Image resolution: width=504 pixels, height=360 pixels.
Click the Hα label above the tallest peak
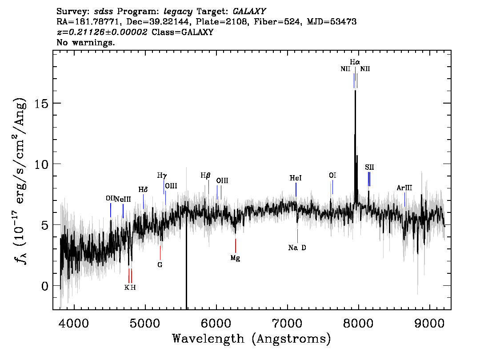pos(355,62)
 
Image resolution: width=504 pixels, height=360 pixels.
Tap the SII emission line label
pos(369,167)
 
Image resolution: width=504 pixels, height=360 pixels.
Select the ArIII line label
pos(404,188)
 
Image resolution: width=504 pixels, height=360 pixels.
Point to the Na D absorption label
pos(297,248)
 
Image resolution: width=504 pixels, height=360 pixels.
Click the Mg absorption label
pos(235,258)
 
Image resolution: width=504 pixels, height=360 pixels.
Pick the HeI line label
pos(296,178)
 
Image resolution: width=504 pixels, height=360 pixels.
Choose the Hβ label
pos(205,176)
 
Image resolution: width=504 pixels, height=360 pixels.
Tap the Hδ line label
pos(143,190)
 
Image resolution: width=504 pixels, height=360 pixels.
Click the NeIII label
pos(123,199)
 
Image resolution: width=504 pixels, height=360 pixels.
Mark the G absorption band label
pos(160,265)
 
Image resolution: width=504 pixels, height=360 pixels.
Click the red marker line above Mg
pos(236,246)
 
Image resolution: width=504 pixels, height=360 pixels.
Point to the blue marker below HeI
pos(296,190)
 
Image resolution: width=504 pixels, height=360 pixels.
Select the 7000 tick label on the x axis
pos(288,323)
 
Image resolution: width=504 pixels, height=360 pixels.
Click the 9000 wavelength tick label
pos(429,323)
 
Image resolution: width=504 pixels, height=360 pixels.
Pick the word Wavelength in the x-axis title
pos(208,339)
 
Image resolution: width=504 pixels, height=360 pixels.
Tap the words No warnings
pos(85,42)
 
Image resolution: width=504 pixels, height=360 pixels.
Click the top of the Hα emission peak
pos(355,91)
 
